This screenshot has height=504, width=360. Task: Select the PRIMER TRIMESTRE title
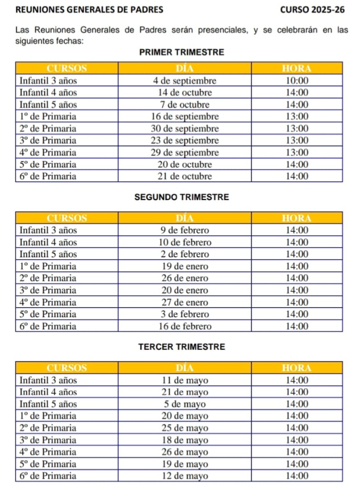click(x=182, y=53)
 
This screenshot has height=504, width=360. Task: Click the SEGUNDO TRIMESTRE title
click(x=182, y=197)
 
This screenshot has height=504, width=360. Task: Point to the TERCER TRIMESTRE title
click(x=182, y=347)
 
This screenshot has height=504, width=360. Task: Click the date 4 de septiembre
click(x=185, y=81)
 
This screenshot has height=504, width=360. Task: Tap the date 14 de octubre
click(x=185, y=93)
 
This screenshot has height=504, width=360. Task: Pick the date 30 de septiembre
click(x=185, y=128)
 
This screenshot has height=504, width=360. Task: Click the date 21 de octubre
click(x=185, y=176)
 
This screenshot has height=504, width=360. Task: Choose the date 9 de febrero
click(x=185, y=230)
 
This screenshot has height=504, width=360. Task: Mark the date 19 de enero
click(x=185, y=266)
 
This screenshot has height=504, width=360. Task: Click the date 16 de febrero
click(x=185, y=326)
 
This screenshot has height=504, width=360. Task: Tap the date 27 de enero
click(x=185, y=302)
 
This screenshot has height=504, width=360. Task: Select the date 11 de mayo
click(x=185, y=380)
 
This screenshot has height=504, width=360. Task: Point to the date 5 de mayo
click(x=185, y=404)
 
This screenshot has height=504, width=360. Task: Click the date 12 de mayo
click(x=185, y=476)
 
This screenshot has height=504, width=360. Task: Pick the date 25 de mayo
click(x=185, y=428)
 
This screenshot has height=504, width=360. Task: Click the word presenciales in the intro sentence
click(x=214, y=30)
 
